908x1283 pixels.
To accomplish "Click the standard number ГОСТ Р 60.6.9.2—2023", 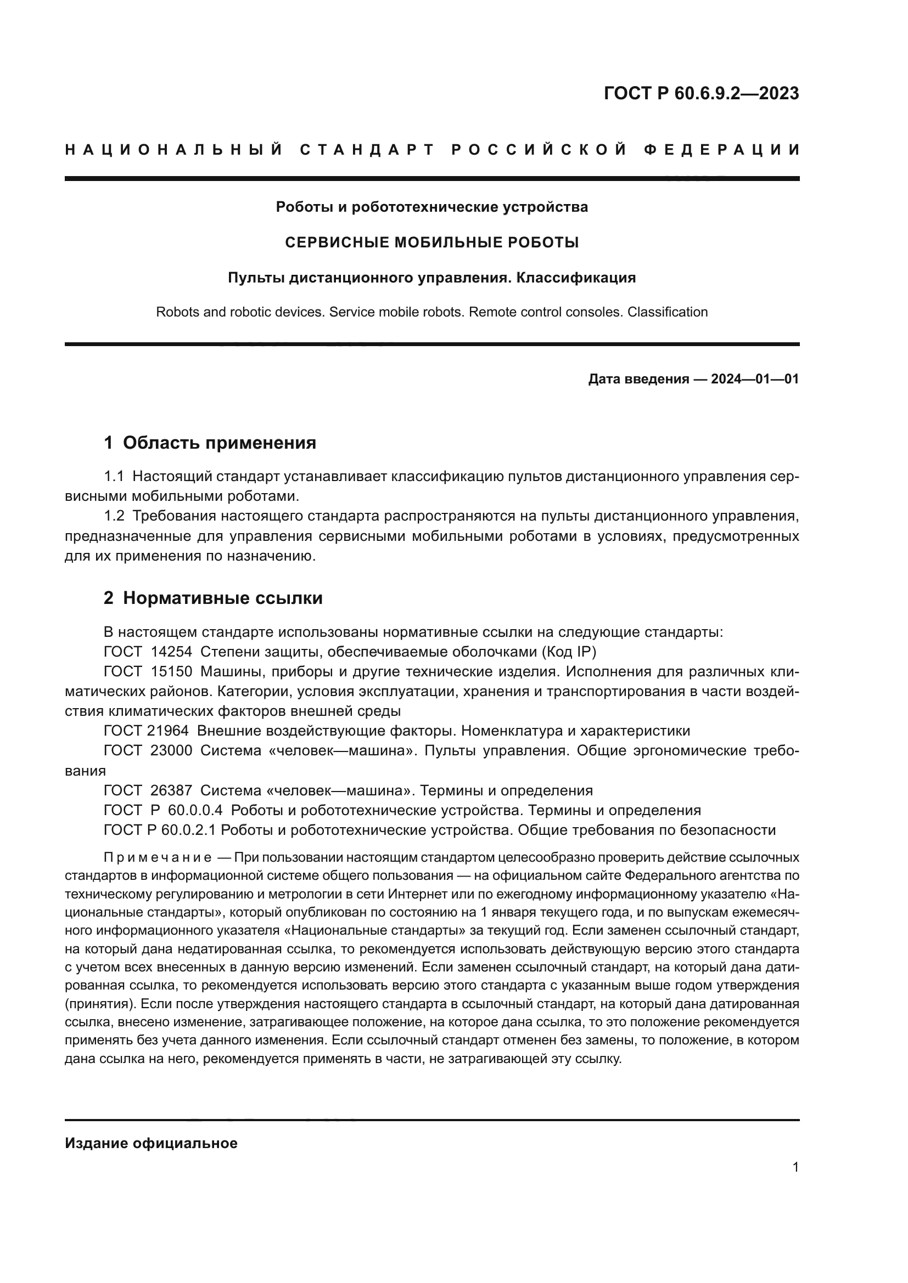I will click(701, 93).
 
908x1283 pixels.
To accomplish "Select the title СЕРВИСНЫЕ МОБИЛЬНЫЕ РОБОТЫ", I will click(431, 242).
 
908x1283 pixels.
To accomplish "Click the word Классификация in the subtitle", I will click(576, 278).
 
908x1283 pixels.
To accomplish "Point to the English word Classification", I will click(667, 312).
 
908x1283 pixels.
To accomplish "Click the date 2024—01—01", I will click(754, 380).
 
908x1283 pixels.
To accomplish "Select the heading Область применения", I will click(219, 443).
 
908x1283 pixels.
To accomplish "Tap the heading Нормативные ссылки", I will click(222, 598).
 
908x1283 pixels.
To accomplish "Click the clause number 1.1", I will click(114, 477).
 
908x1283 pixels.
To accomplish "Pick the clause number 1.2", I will click(114, 516).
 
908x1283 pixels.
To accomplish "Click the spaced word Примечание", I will click(158, 858).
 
